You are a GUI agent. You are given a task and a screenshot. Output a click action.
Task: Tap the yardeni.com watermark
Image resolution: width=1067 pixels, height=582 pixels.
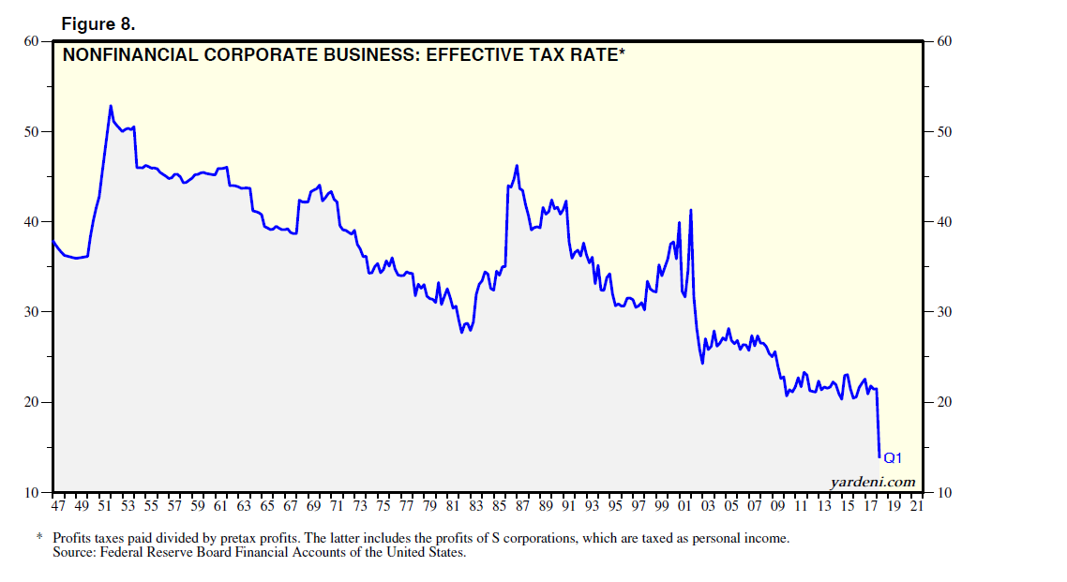[x=872, y=482]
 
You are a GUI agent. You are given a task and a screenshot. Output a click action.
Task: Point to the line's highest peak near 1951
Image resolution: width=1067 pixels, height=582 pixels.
[x=110, y=106]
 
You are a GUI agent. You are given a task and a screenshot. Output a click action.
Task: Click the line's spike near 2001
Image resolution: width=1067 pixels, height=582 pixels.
[x=690, y=210]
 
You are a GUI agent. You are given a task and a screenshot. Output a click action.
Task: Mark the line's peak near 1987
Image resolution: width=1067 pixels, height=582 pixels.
[x=517, y=166]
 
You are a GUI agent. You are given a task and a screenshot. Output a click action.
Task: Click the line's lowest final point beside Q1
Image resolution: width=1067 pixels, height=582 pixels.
[x=879, y=456]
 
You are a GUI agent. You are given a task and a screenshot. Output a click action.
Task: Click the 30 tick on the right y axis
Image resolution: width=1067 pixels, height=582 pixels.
[x=944, y=312]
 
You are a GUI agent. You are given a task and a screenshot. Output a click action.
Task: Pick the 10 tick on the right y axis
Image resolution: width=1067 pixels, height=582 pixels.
[x=944, y=493]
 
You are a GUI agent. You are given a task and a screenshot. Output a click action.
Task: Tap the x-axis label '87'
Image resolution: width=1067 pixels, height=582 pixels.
[x=522, y=507]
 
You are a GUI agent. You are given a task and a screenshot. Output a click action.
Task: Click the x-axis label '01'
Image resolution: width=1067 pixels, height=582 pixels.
[x=684, y=507]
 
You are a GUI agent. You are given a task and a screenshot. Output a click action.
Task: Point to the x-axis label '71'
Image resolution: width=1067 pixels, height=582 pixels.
[x=337, y=507]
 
